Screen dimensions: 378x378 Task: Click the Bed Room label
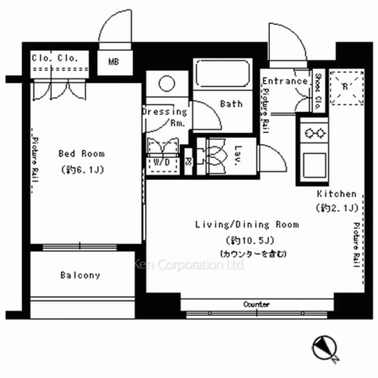coord(79,153)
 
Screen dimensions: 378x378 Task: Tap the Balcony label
coord(79,275)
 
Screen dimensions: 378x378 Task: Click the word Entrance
coord(285,82)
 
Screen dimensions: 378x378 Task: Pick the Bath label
coord(231,104)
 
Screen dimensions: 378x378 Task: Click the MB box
coord(113,62)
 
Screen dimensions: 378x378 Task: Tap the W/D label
coord(161,162)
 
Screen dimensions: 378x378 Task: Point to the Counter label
coord(257,304)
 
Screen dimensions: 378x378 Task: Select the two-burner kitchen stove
coord(313,134)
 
